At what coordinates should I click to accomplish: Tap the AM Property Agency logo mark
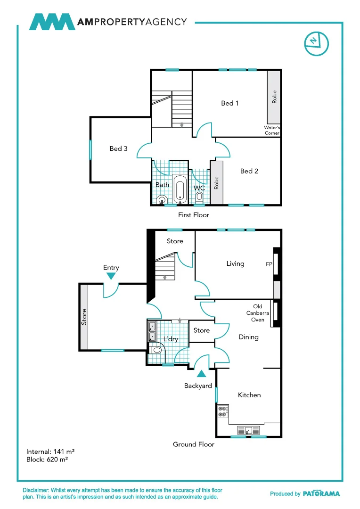[x=52, y=22]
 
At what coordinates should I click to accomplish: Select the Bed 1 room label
[x=230, y=103]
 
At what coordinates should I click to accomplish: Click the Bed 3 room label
[x=118, y=148]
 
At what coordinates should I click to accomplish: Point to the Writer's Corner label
[x=272, y=131]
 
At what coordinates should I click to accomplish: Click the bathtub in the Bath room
[x=180, y=189]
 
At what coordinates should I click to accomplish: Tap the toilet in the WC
[x=199, y=197]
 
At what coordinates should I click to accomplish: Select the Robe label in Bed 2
[x=217, y=183]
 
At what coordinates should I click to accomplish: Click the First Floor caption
[x=193, y=215]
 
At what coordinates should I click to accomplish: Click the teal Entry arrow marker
[x=111, y=276]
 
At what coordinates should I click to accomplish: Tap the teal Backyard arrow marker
[x=201, y=374]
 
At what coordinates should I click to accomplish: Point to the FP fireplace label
[x=269, y=264]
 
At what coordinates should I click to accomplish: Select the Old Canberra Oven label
[x=258, y=313]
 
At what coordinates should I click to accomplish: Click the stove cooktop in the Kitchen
[x=222, y=411]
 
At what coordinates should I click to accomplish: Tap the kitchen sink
[x=248, y=430]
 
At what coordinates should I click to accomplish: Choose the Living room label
[x=235, y=263]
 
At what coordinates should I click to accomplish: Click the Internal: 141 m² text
[x=50, y=451]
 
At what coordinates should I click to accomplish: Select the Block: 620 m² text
[x=47, y=459]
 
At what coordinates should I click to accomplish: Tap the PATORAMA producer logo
[x=321, y=493]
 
